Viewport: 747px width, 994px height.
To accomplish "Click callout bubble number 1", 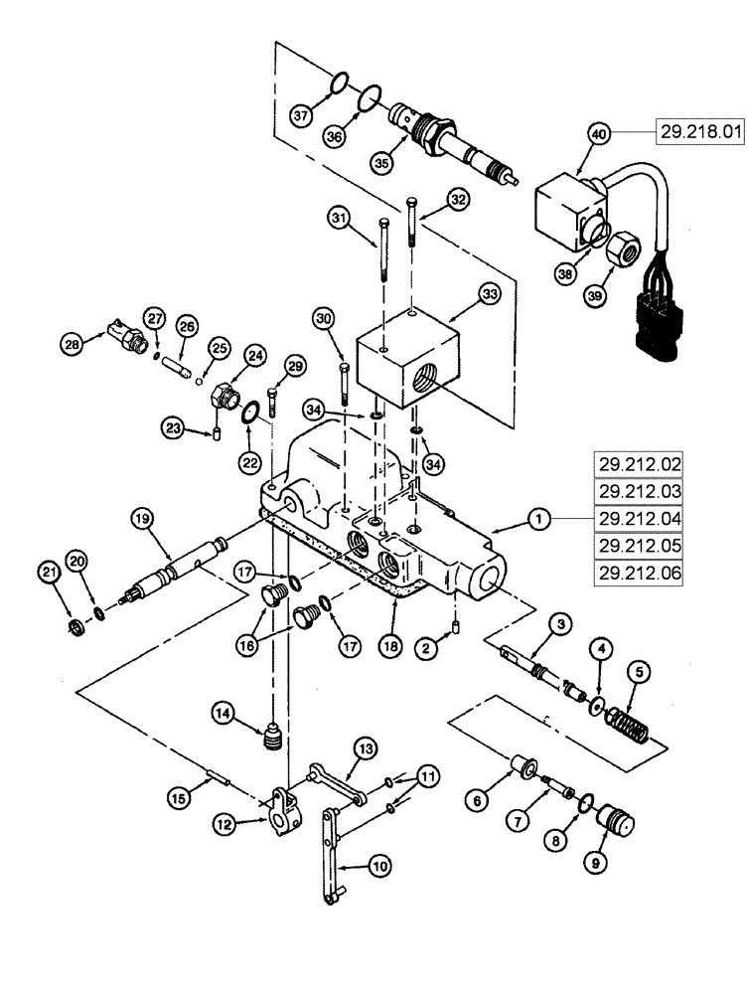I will pyautogui.click(x=537, y=518).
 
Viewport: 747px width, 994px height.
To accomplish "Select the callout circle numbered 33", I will pyautogui.click(x=488, y=293).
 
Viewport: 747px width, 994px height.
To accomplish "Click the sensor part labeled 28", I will pyautogui.click(x=121, y=330).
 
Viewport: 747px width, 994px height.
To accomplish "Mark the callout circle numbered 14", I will pyautogui.click(x=222, y=711).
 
